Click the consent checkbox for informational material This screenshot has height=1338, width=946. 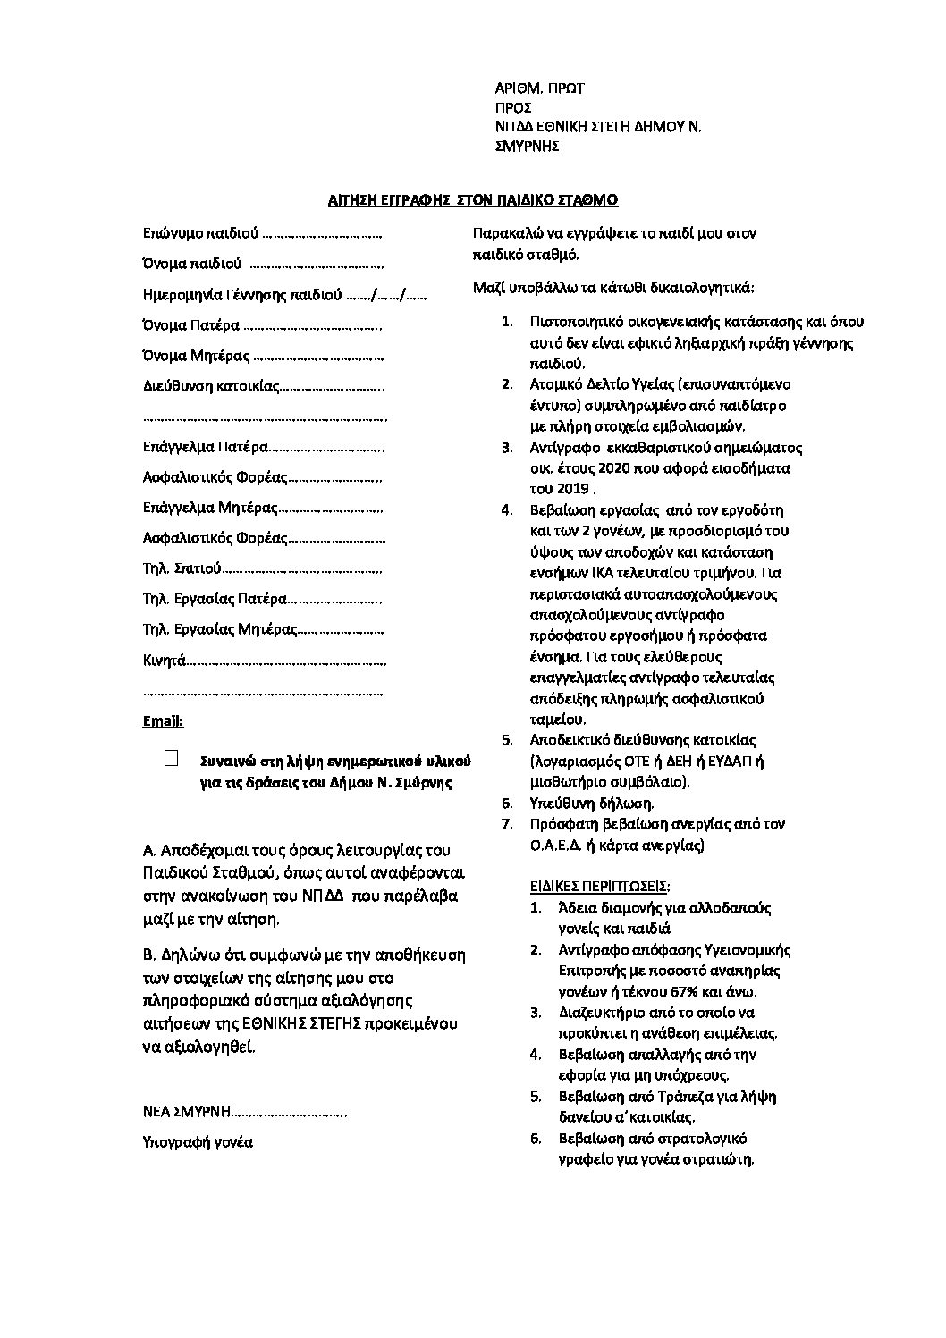pos(172,759)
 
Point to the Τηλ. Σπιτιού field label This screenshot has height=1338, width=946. pos(181,568)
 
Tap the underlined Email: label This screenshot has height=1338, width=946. pos(163,720)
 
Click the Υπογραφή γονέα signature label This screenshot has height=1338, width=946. pos(198,1142)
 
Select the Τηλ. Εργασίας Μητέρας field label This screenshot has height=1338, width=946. pos(219,629)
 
